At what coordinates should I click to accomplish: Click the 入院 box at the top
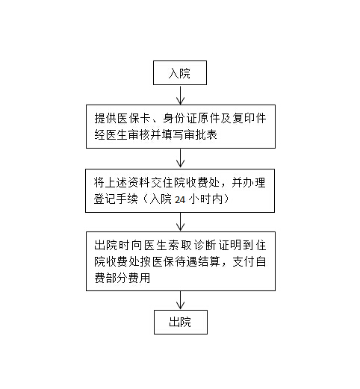(x=180, y=72)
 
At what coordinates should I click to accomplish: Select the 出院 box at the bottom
(x=181, y=322)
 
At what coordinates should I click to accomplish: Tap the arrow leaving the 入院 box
(x=180, y=95)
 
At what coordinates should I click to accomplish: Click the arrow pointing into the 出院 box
(x=180, y=300)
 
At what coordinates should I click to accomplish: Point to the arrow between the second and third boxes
(x=180, y=158)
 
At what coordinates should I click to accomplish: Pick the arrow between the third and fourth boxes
(x=180, y=222)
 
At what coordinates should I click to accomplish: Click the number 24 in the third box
(x=180, y=199)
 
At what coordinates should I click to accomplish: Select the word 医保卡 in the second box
(x=134, y=118)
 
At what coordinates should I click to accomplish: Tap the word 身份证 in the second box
(x=180, y=118)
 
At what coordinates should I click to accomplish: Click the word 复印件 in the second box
(x=249, y=118)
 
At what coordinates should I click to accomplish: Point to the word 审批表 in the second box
(x=201, y=134)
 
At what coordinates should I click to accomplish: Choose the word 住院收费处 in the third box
(x=191, y=183)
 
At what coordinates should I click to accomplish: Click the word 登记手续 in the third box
(x=116, y=199)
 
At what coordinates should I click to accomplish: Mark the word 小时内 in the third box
(x=205, y=199)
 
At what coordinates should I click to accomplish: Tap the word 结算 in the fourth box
(x=209, y=261)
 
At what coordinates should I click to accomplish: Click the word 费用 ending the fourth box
(x=139, y=278)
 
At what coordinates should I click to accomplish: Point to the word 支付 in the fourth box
(x=243, y=261)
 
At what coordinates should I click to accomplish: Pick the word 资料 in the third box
(x=139, y=183)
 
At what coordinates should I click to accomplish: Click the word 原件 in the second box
(x=209, y=118)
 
